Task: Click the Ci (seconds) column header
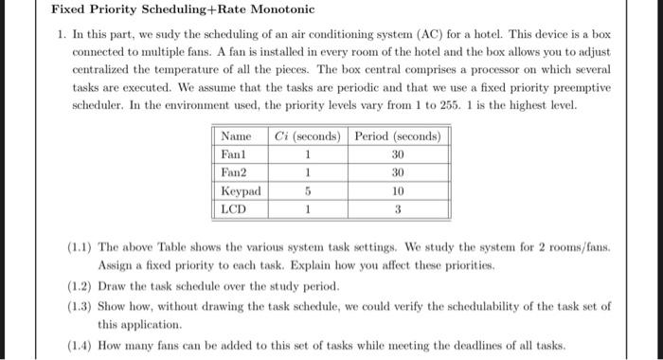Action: [x=307, y=137]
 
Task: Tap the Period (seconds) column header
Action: [x=397, y=137]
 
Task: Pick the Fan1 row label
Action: [x=233, y=154]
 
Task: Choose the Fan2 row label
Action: [x=233, y=172]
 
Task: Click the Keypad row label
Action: [x=239, y=190]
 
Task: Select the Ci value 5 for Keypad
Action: [x=307, y=190]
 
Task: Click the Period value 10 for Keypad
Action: [x=398, y=190]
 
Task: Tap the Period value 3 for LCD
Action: [x=398, y=207]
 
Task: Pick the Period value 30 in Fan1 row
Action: [x=398, y=154]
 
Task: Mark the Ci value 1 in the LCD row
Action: [x=307, y=207]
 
